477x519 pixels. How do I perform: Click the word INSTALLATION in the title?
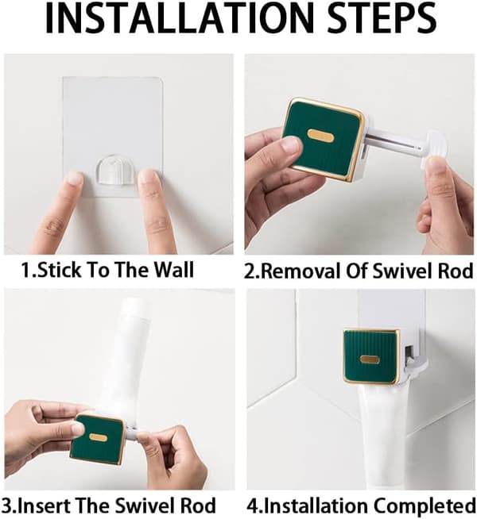[179, 18]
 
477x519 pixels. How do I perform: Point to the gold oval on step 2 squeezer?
[321, 136]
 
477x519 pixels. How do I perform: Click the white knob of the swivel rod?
[433, 148]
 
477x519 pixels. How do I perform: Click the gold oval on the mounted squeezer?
[370, 359]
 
